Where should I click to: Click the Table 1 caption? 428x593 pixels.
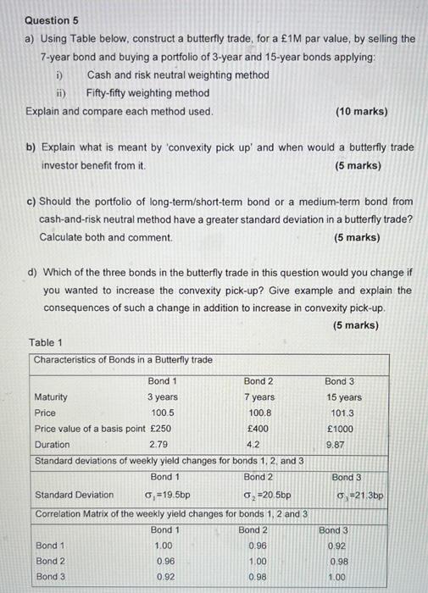tap(46, 342)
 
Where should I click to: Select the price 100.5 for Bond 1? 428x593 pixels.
tap(162, 413)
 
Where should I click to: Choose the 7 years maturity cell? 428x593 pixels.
tap(258, 397)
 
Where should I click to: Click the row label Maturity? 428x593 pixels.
tap(51, 397)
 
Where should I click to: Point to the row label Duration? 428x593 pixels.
tap(52, 444)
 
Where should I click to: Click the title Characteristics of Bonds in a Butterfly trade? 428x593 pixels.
tap(123, 360)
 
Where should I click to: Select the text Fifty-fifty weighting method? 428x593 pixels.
tap(148, 93)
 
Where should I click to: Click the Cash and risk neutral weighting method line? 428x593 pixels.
tap(178, 75)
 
